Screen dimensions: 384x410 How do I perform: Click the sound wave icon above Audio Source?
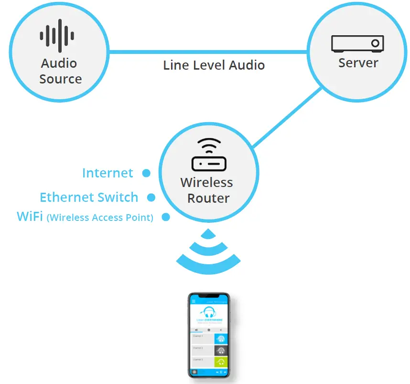coord(57,36)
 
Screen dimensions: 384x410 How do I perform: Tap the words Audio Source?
coord(60,71)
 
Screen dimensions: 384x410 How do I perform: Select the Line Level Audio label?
coord(214,65)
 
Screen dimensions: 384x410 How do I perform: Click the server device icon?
coord(358,44)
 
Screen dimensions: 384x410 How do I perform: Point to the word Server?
coord(358,62)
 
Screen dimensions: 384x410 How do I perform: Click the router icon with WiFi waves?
coord(208,155)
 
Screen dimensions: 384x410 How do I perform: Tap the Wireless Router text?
coord(207,190)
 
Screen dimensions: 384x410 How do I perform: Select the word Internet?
coord(108,173)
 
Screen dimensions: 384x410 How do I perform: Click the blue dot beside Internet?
coord(146,173)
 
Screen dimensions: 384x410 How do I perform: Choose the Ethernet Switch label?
coord(89,197)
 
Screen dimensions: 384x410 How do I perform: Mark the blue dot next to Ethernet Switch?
coord(151,197)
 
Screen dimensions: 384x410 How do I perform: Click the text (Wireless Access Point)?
coord(100,218)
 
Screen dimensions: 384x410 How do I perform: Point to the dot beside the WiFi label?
coord(166,217)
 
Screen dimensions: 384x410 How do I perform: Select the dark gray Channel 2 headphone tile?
coord(220,351)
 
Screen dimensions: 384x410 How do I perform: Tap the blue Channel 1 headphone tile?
coord(220,338)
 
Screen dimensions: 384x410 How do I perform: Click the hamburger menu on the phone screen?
coord(193,301)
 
